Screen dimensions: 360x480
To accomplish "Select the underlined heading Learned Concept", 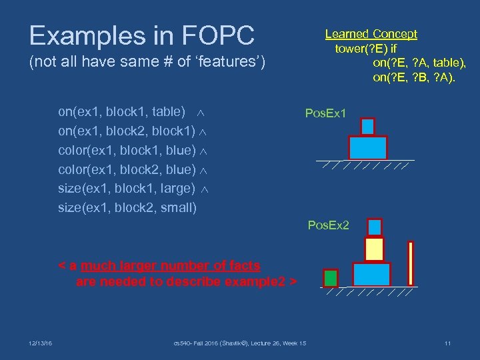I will coord(371,34).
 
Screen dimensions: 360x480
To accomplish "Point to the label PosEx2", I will coord(328,225).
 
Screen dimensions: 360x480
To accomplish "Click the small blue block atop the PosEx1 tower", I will coord(367,126).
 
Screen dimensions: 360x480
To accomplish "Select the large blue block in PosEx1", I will coord(368,147).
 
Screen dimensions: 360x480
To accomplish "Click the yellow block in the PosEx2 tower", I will coord(374,249).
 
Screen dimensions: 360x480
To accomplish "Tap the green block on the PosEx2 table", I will coord(330,277).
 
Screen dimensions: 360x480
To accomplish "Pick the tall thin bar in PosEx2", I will coord(411,264).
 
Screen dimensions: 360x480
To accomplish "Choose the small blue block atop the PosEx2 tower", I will coord(375,227).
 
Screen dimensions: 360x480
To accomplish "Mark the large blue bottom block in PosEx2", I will coord(371,274).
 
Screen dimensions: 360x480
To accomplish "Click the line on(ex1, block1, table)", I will coord(122,111).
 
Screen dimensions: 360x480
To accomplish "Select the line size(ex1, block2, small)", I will coord(127,207).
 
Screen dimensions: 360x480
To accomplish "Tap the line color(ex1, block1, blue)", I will coord(127,150).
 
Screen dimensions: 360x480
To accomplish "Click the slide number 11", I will coord(447,343).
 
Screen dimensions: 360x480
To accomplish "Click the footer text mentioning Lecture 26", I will coord(239,343).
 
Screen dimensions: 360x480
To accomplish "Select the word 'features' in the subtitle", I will coord(230,63).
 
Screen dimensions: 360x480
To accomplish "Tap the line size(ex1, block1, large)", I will coord(127,188).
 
